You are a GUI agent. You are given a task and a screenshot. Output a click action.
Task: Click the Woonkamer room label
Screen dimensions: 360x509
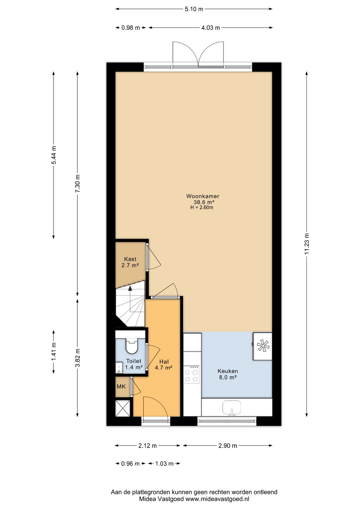click(x=203, y=196)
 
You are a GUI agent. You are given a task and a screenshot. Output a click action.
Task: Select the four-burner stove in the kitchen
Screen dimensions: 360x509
click(x=191, y=375)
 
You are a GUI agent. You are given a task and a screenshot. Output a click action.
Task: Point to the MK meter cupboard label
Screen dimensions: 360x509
click(x=121, y=387)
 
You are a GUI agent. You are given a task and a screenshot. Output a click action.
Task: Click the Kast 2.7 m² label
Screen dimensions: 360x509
click(x=130, y=262)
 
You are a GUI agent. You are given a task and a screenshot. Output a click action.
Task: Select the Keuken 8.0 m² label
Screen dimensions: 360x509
click(x=228, y=374)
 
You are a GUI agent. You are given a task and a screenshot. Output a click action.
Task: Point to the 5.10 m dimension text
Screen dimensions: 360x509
click(x=194, y=9)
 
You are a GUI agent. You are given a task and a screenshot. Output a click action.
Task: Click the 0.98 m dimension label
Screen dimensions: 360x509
click(x=131, y=28)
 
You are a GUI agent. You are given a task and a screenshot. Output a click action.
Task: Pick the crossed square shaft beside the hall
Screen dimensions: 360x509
click(x=123, y=408)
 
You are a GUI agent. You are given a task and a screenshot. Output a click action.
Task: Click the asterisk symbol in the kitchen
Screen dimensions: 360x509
click(x=263, y=346)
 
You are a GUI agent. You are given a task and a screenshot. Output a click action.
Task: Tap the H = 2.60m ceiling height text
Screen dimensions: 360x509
click(x=202, y=207)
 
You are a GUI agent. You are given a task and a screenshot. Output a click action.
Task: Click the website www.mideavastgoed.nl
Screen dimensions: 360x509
click(x=217, y=499)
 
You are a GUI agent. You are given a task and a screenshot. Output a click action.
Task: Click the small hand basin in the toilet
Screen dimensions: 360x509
click(x=118, y=368)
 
